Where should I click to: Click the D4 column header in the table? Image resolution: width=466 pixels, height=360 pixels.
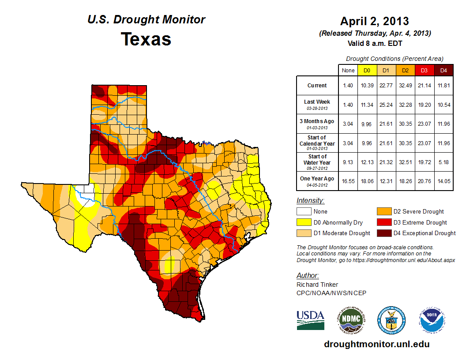pos(443,70)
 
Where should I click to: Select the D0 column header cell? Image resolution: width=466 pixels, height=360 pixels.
pos(367,70)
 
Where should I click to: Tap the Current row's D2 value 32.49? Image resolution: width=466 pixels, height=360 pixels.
pos(405,86)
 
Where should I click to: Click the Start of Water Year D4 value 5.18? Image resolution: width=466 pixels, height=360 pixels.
pos(443,162)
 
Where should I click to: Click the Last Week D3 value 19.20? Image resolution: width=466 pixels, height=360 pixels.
pos(424,104)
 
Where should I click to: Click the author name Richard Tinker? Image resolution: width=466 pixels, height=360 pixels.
pos(317,285)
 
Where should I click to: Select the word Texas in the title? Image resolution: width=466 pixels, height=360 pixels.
pos(146,39)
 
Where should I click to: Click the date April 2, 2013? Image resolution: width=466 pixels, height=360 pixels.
pos(375,21)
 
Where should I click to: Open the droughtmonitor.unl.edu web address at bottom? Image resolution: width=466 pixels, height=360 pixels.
pos(376,344)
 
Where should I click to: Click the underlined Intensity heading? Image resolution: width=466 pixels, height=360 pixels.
pos(310,201)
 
